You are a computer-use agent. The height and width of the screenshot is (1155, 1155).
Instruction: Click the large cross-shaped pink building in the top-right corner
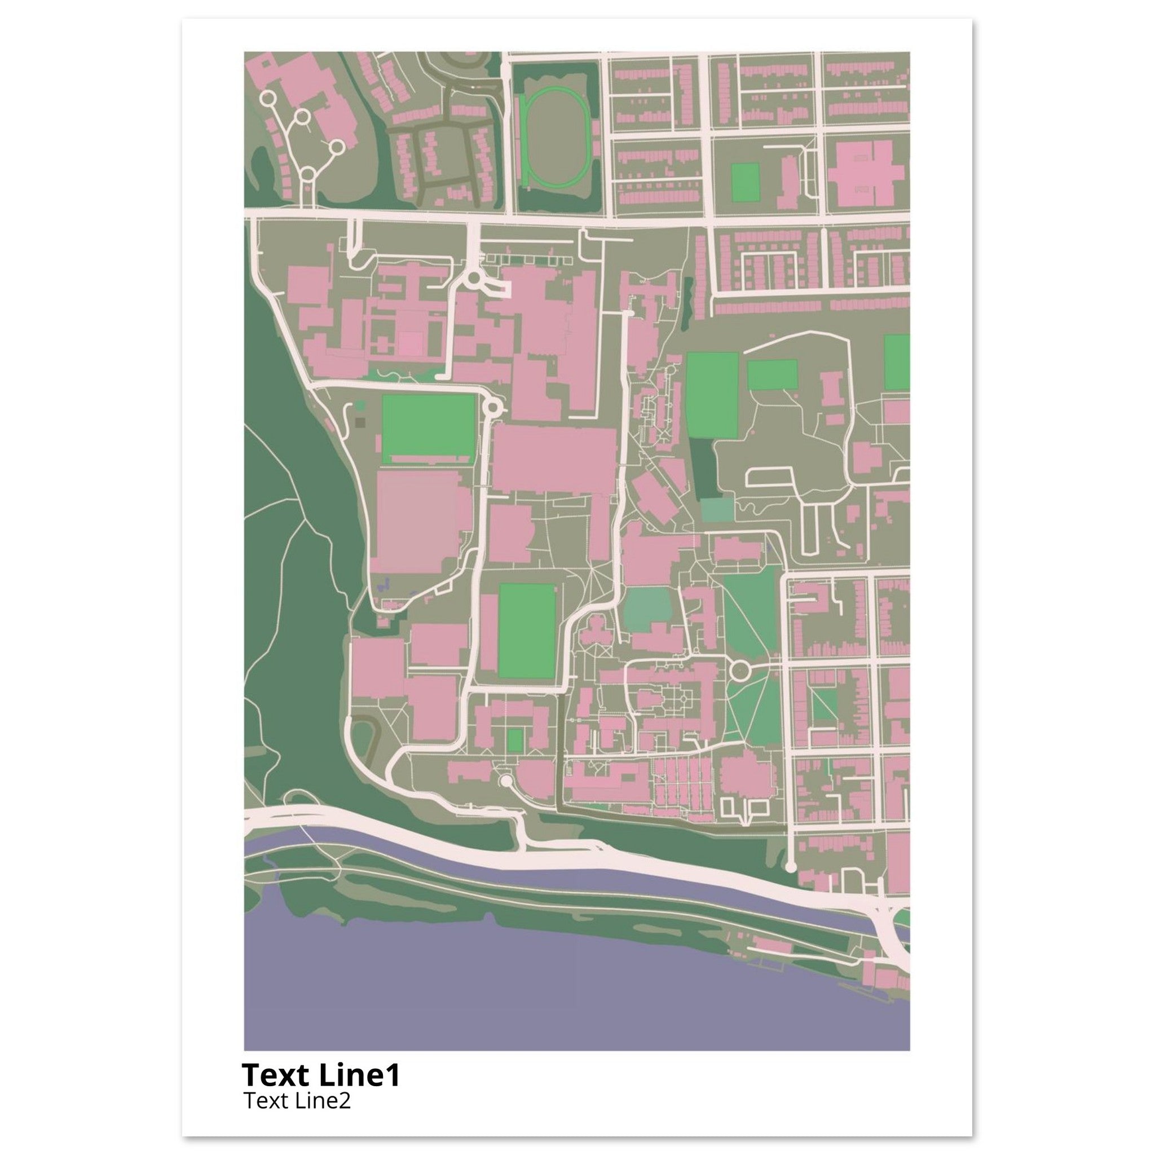[x=868, y=174]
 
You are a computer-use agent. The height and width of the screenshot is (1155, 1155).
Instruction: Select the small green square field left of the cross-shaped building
[x=745, y=182]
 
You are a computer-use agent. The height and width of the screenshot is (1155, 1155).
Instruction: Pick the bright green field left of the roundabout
[x=428, y=426]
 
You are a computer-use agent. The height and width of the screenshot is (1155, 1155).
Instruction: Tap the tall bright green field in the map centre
[x=527, y=631]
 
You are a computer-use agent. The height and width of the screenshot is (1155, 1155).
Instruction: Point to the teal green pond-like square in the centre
[x=647, y=608]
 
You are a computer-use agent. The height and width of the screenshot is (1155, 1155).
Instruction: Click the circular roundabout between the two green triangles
[x=740, y=671]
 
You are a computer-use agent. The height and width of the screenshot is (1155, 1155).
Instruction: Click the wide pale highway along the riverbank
[x=598, y=856]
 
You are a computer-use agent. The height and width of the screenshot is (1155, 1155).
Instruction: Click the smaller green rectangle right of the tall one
[x=773, y=375]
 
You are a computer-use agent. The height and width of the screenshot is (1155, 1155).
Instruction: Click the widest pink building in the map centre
[x=554, y=459]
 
